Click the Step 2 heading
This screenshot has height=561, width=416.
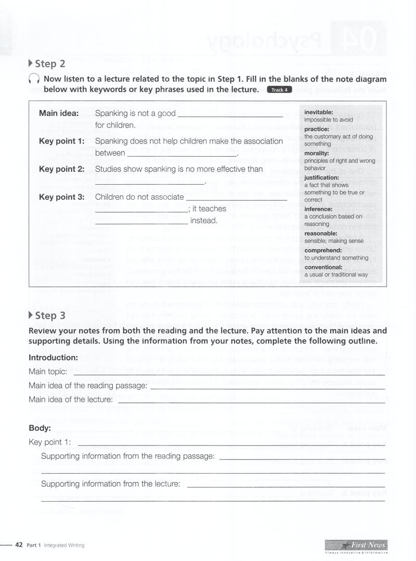[x=50, y=64]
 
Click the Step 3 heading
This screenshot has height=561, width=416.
[x=50, y=315]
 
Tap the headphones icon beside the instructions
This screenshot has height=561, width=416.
[x=34, y=80]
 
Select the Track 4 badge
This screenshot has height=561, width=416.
[x=280, y=90]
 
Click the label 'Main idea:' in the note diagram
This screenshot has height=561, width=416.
[x=59, y=113]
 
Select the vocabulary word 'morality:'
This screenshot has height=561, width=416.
[x=317, y=154]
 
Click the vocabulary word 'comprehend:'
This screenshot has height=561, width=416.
[x=323, y=250]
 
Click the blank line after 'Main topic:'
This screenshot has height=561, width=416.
[x=229, y=373]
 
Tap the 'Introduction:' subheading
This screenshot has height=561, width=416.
[x=53, y=358]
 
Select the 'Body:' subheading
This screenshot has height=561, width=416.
[x=40, y=428]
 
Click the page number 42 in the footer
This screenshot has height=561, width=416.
[x=19, y=545]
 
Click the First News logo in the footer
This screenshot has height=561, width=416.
[x=355, y=545]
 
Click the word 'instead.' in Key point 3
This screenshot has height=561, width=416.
[x=203, y=221]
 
